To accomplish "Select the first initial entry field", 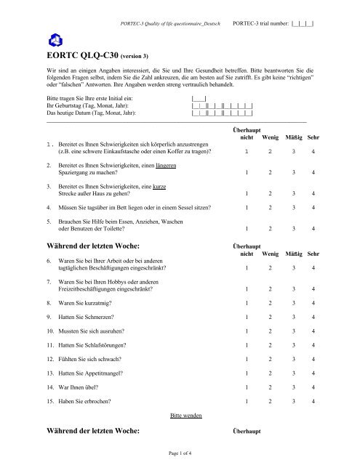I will tap(199, 96).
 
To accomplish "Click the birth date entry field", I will tap(221, 105).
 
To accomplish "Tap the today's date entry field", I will tap(221, 113).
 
